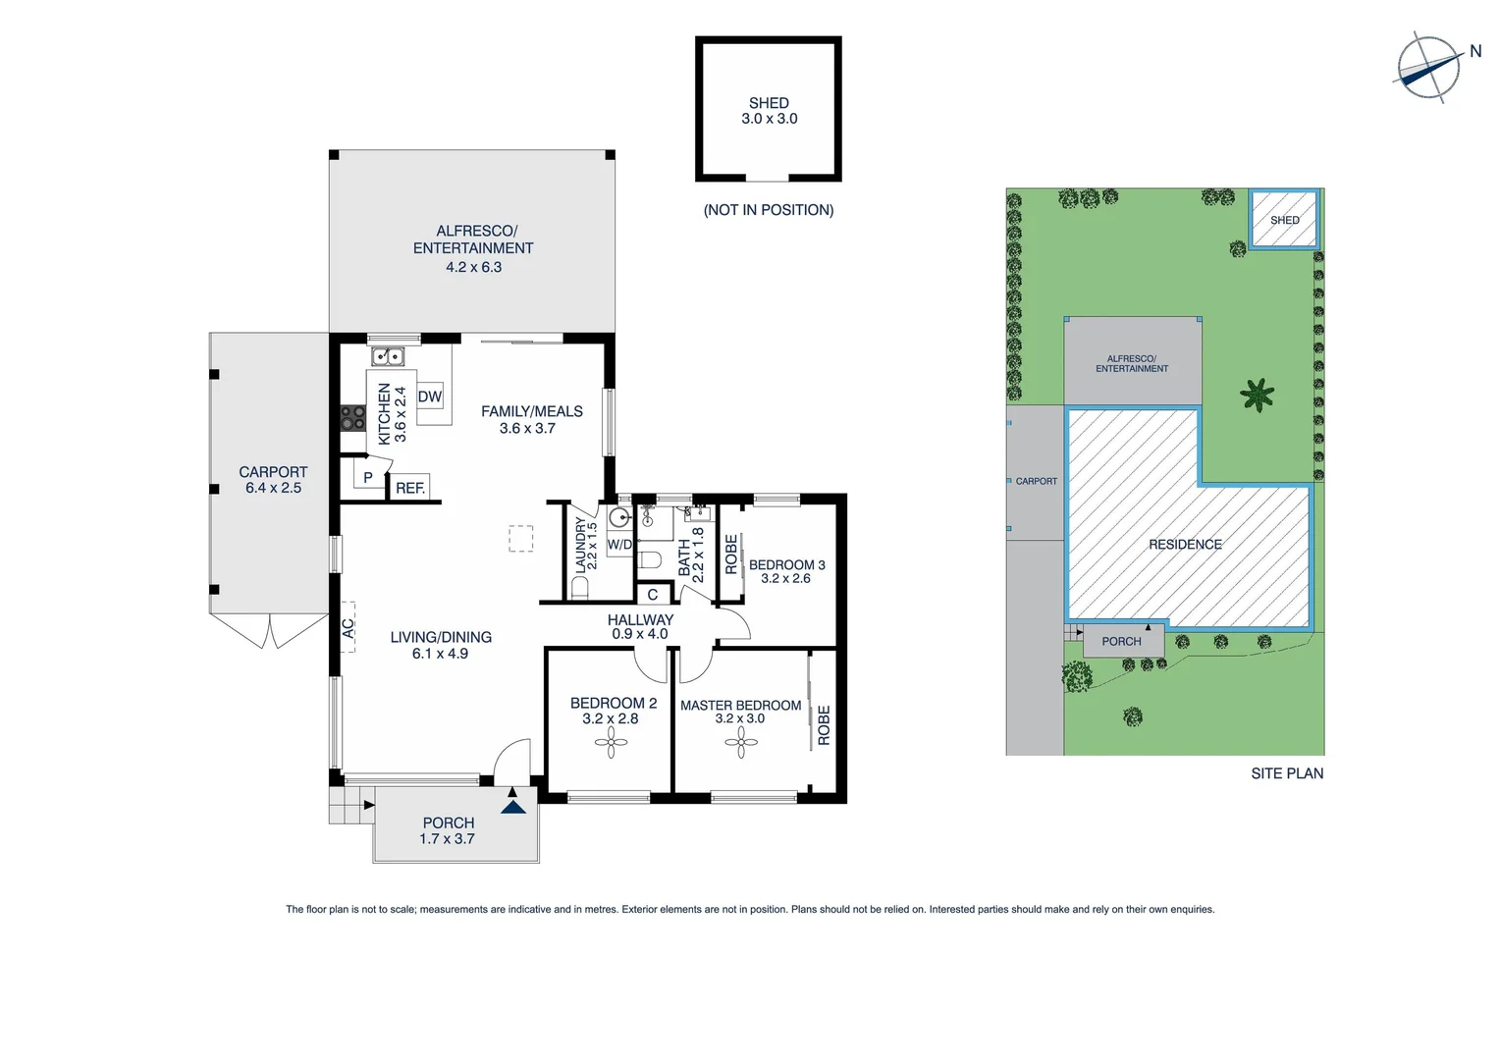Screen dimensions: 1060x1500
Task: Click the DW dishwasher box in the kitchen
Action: click(430, 397)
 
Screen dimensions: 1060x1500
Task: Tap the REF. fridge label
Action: click(410, 488)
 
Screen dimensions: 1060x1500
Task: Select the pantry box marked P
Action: click(367, 477)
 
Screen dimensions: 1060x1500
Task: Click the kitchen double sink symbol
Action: click(388, 356)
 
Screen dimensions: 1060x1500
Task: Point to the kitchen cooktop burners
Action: click(352, 417)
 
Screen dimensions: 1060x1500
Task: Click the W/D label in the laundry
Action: click(619, 544)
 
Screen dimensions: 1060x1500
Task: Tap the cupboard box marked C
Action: click(653, 594)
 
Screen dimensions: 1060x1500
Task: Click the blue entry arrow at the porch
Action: click(513, 806)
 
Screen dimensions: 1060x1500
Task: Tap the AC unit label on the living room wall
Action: click(348, 627)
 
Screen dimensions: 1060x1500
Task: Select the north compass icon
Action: click(1428, 68)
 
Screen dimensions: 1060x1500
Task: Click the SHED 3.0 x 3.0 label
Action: click(769, 111)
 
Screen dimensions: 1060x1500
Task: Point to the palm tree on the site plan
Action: click(1257, 396)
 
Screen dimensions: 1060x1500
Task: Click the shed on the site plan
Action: click(1284, 220)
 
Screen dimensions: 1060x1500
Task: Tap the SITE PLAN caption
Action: click(1286, 773)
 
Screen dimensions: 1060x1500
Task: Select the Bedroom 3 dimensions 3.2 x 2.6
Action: click(785, 579)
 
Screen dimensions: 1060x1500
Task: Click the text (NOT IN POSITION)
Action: click(769, 210)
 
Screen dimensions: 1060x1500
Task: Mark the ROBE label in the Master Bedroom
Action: click(824, 725)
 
